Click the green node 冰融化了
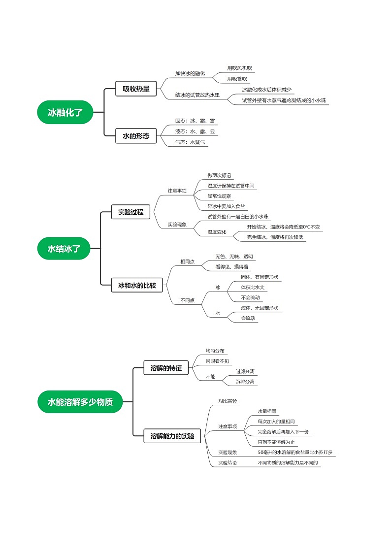65,112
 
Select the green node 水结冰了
64,249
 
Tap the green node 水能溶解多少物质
80,402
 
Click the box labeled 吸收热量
136,89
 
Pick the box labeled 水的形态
136,135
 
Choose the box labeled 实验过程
130,212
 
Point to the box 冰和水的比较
137,285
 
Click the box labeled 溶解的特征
166,368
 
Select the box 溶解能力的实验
172,436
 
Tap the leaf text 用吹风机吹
240,68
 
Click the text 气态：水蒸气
190,142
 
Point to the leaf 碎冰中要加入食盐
226,206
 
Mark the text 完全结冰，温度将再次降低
275,237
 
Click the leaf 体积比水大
253,287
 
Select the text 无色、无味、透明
234,257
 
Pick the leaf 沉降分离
245,381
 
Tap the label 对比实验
228,401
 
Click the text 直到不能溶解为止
276,442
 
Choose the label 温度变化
217,231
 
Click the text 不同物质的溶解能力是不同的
288,463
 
